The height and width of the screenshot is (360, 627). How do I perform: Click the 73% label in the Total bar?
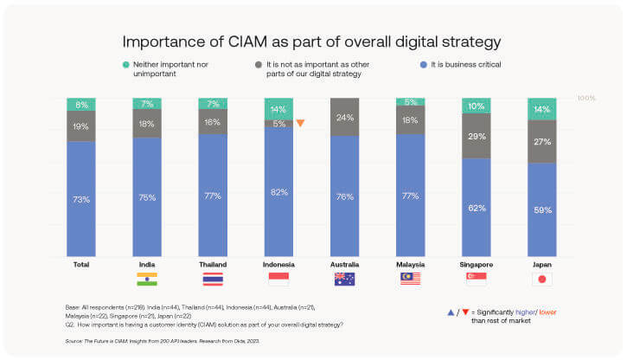coord(80,199)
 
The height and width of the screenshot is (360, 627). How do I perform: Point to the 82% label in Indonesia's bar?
coord(278,192)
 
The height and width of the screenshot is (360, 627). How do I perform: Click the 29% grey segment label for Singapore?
coord(477,138)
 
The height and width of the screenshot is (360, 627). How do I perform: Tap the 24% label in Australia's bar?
coord(345,117)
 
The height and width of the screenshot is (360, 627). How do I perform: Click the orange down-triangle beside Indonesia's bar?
coord(300,123)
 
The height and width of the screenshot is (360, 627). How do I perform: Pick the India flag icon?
coord(147,279)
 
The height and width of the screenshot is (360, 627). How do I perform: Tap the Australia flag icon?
coord(345,279)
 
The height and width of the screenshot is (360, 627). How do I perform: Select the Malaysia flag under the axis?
coord(411,279)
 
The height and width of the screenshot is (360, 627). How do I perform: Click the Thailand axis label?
coord(213,263)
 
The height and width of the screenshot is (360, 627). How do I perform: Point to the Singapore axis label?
coord(477,263)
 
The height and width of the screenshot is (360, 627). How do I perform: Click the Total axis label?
coord(80,263)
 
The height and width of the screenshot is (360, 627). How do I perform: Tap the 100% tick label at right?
coord(586,99)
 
